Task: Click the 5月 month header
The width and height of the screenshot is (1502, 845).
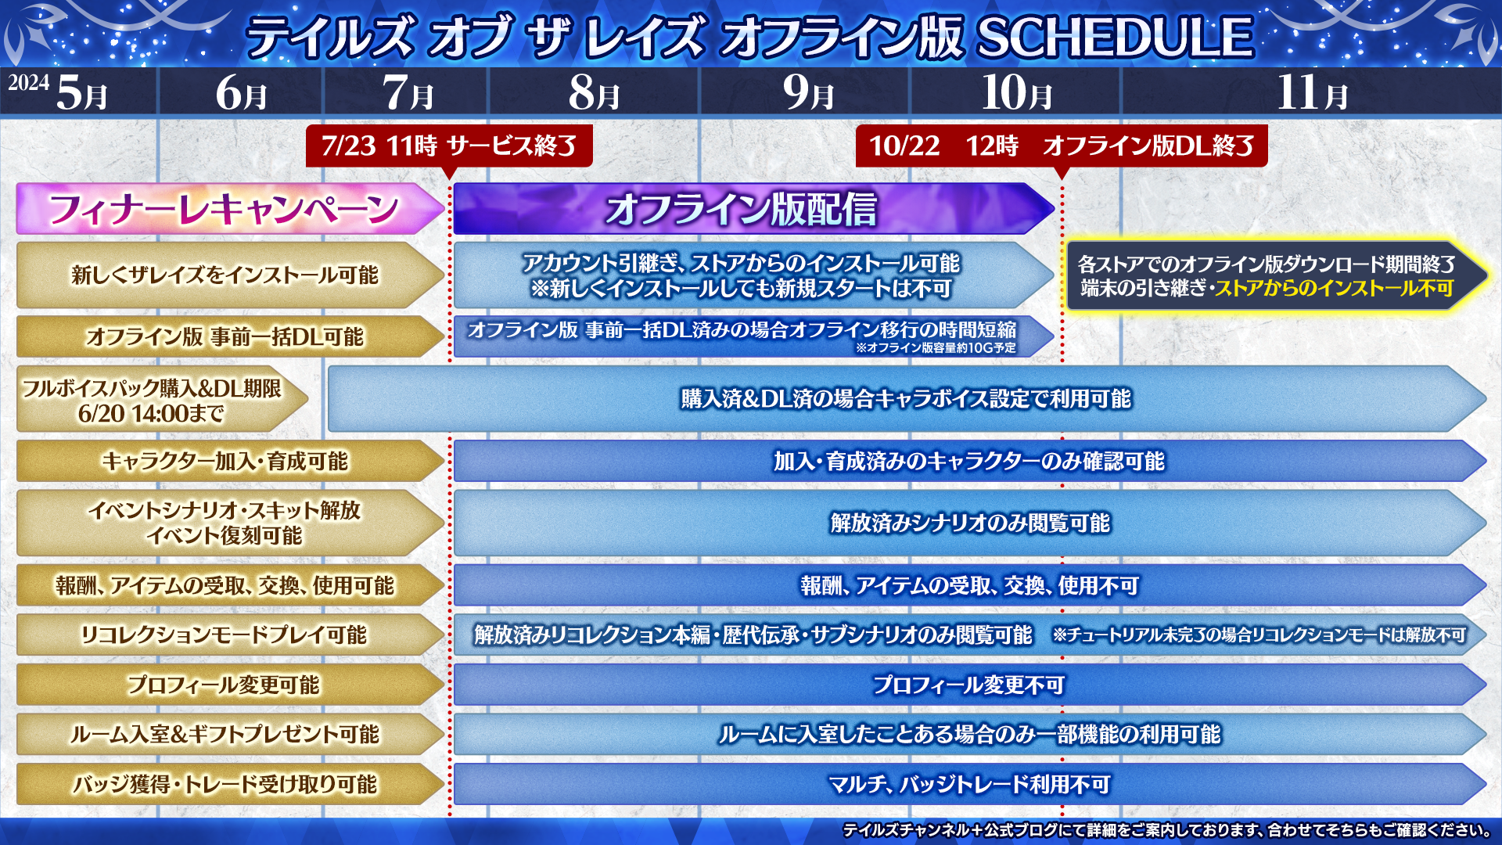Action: coord(82,93)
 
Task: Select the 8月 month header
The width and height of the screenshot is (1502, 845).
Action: coord(595,93)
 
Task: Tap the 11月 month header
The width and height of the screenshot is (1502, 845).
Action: coord(1313,93)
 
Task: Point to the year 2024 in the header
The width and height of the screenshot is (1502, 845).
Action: coord(29,83)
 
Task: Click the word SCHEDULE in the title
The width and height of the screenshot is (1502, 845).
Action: coord(1116,37)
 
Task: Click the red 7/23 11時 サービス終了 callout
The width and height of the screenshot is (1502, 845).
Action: coord(449,146)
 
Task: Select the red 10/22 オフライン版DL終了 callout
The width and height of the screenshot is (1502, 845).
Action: coord(1062,146)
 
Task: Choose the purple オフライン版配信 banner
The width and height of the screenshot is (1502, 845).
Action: coord(754,209)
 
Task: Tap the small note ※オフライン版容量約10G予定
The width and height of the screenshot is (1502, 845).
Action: coord(936,348)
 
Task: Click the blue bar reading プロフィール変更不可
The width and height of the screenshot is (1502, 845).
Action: coord(970,685)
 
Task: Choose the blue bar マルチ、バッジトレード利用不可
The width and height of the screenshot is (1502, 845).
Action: coord(970,784)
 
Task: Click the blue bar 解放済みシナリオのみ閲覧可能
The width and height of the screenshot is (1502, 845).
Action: coord(970,523)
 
